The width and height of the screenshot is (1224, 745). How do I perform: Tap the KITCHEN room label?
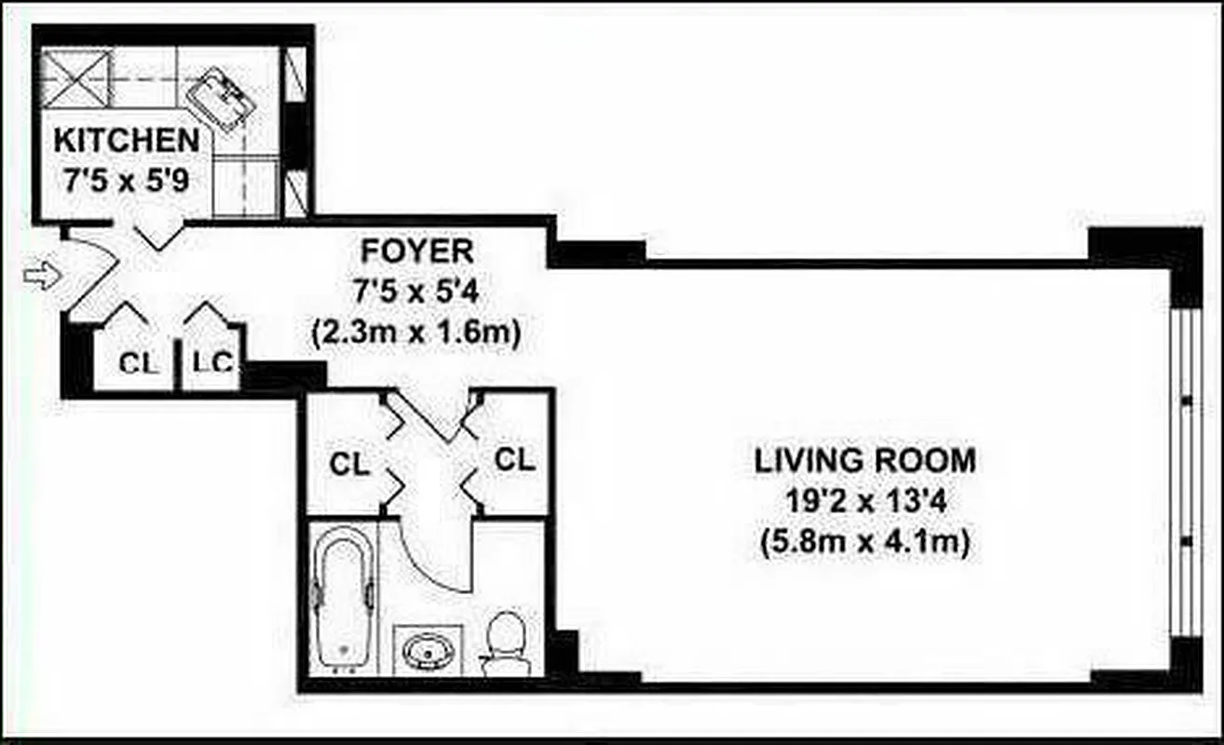click(x=126, y=142)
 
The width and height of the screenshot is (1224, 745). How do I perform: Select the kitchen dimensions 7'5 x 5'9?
click(x=126, y=179)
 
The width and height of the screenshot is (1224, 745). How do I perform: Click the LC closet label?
click(x=213, y=363)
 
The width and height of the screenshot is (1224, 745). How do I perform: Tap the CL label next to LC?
click(x=139, y=363)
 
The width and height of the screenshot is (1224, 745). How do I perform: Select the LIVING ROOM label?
click(x=865, y=460)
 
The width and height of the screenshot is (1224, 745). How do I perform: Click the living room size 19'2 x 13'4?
click(x=865, y=502)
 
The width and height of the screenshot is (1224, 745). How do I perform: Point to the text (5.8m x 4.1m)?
click(x=865, y=543)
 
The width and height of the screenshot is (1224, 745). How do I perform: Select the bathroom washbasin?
click(x=428, y=648)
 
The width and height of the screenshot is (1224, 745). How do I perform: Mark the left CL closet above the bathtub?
click(x=349, y=463)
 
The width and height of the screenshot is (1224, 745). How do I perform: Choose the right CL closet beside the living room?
click(x=515, y=458)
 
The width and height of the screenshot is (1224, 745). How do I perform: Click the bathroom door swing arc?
click(x=438, y=559)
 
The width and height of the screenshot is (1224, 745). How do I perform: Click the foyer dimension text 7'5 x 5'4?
click(x=416, y=291)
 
